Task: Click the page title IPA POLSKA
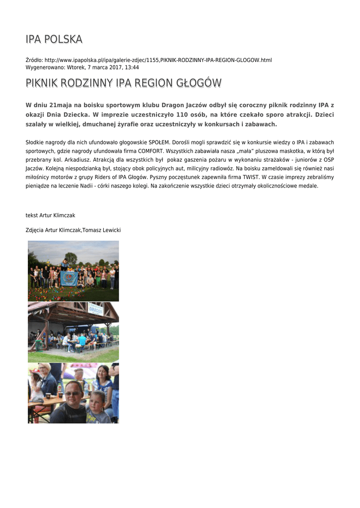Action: point(54,39)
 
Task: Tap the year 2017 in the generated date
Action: point(114,67)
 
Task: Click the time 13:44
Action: point(132,67)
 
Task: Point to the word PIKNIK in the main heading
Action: point(44,83)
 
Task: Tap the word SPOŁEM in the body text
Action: point(159,142)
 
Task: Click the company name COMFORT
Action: point(151,151)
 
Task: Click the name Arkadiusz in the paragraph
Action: point(81,160)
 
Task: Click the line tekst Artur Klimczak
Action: point(51,215)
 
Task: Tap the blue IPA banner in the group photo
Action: point(69,278)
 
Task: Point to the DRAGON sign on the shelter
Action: point(96,310)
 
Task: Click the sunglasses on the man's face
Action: point(72,394)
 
